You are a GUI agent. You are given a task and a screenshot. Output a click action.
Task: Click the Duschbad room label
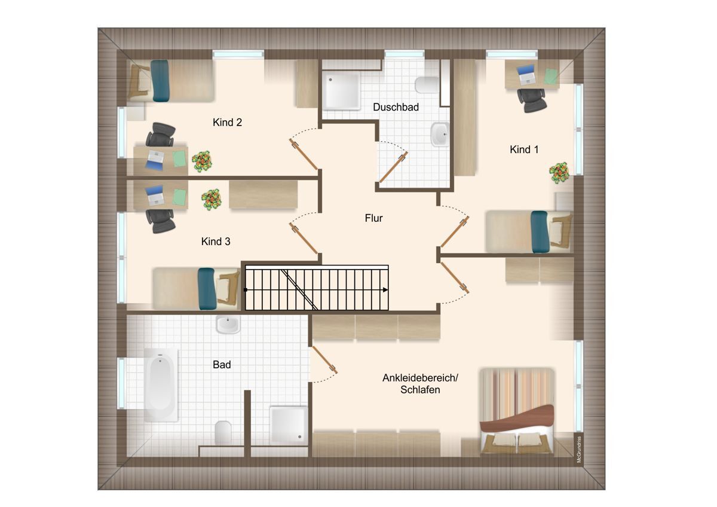396,107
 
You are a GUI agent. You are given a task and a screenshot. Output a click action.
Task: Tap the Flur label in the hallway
373,218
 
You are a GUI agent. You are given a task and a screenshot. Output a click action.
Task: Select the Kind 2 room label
227,122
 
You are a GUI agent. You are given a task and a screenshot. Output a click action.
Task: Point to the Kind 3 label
216,241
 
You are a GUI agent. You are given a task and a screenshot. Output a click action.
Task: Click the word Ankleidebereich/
420,378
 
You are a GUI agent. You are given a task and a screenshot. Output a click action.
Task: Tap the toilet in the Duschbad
427,85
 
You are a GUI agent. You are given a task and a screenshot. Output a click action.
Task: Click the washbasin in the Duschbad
440,134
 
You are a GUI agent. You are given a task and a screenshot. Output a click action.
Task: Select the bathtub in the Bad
161,384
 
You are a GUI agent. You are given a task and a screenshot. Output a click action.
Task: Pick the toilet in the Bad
223,433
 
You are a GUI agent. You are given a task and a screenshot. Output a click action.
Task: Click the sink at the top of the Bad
228,325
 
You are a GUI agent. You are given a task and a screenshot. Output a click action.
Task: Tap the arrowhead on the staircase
386,290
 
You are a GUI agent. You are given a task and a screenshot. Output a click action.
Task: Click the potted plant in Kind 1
559,173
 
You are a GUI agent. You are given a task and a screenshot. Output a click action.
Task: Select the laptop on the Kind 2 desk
155,160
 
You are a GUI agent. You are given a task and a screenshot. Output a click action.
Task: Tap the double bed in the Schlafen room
517,411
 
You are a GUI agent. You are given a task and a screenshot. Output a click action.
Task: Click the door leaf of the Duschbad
393,167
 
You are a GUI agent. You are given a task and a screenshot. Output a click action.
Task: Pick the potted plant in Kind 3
212,200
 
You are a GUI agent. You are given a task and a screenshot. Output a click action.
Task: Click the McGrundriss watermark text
579,450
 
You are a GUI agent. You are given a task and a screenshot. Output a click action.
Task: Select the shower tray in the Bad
289,425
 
